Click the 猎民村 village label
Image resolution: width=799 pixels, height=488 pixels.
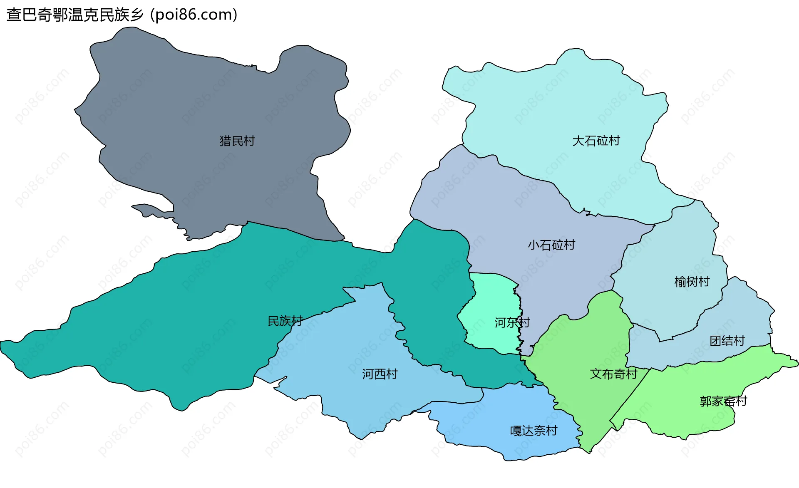[x=237, y=141]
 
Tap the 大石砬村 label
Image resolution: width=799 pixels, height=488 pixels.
[x=596, y=141]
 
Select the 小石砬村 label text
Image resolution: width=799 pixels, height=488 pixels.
[x=551, y=245]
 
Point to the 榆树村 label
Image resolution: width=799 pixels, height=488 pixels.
[x=692, y=282]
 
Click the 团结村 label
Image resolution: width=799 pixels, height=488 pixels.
[x=727, y=341]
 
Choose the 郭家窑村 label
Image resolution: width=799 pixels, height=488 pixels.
[x=723, y=401]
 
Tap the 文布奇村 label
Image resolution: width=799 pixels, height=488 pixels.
[x=613, y=374]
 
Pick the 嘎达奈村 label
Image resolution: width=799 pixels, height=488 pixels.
[x=533, y=431]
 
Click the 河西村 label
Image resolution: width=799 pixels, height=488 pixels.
[x=380, y=374]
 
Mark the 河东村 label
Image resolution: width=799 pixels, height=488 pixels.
[x=512, y=322]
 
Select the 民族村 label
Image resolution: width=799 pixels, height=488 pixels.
[x=285, y=321]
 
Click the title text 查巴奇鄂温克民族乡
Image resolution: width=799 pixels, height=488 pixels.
[x=75, y=15]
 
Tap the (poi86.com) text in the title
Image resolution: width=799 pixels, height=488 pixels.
[x=194, y=15]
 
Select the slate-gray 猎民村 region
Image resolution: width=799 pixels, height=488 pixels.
[x=208, y=104]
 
